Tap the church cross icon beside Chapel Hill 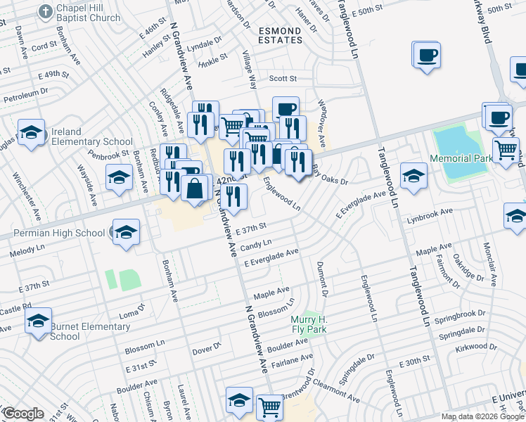(46, 12)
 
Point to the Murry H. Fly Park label (309, 324)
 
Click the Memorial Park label (461, 159)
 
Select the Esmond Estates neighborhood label (281, 35)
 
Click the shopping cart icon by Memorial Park (506, 149)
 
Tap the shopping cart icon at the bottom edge (269, 406)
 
